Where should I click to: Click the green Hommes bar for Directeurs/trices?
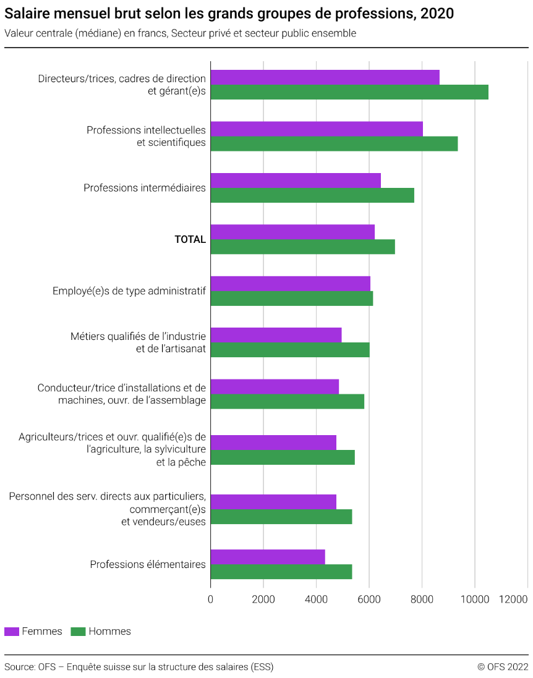[x=349, y=92]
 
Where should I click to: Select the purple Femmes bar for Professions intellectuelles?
[x=317, y=129]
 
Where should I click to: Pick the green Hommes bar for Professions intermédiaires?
[x=312, y=195]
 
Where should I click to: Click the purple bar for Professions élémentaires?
[x=268, y=557]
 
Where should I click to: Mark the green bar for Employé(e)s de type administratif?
[x=292, y=299]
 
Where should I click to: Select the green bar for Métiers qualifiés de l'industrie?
[x=290, y=350]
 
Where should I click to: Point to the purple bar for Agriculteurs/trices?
[x=273, y=443]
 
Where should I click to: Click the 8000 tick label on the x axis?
[x=422, y=599]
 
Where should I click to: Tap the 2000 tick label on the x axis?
[x=263, y=599]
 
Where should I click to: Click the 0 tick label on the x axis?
[x=210, y=599]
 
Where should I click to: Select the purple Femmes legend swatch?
[x=12, y=632]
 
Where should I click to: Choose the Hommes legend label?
[x=109, y=632]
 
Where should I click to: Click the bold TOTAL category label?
[x=190, y=239]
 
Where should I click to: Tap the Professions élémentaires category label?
[x=148, y=564]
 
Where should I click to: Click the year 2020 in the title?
[x=437, y=14]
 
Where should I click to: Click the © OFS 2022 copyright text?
[x=503, y=667]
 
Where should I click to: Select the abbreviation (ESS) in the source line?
[x=262, y=667]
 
